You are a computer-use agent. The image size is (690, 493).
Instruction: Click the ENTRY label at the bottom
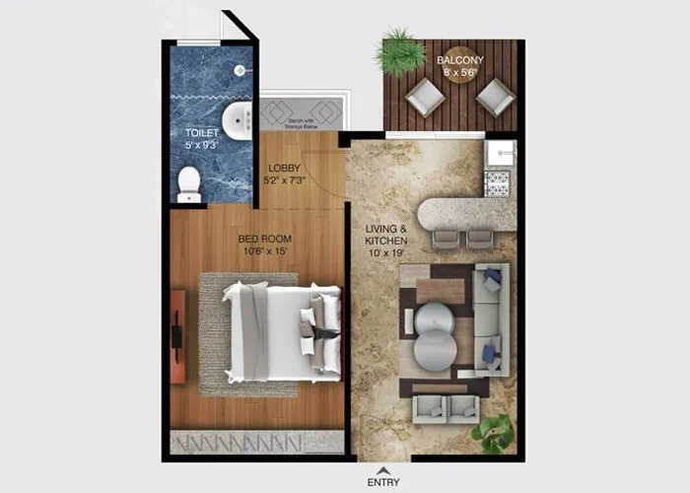(382, 482)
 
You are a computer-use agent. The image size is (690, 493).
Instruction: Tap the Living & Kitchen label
(385, 236)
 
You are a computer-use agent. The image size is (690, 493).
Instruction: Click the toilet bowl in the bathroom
(188, 183)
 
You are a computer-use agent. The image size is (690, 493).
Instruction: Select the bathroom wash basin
(238, 121)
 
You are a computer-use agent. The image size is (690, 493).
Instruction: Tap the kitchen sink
(501, 152)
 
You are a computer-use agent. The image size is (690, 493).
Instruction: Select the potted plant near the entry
(493, 432)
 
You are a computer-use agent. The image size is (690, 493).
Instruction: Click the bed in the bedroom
(280, 331)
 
